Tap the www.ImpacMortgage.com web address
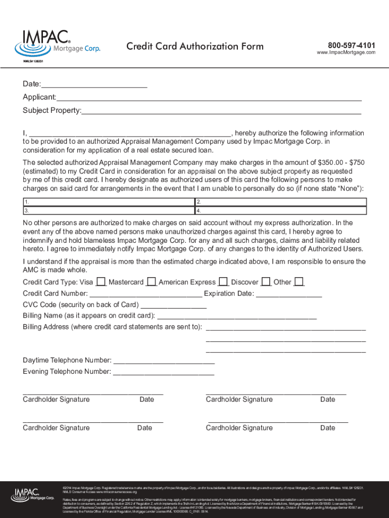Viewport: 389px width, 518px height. [x=346, y=53]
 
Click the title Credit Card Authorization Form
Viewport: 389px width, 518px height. [x=194, y=47]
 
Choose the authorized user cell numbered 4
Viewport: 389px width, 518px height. [x=280, y=210]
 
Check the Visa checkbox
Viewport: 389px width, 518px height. [x=101, y=282]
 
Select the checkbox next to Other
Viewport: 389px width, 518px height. [x=299, y=282]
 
